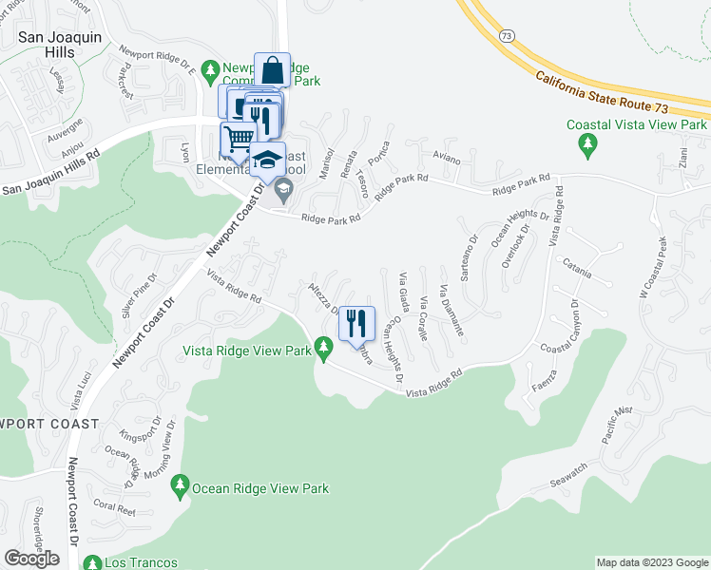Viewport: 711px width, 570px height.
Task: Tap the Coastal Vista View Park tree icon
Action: click(x=587, y=143)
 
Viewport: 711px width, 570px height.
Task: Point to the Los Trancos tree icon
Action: click(x=92, y=561)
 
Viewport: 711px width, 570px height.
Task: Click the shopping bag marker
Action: click(x=272, y=70)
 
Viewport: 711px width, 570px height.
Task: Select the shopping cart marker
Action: click(x=239, y=139)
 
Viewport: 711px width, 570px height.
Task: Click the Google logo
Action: click(x=31, y=558)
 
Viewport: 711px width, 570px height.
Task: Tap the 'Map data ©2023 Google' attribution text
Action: click(x=651, y=562)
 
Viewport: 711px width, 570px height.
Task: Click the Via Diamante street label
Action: click(x=452, y=311)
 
